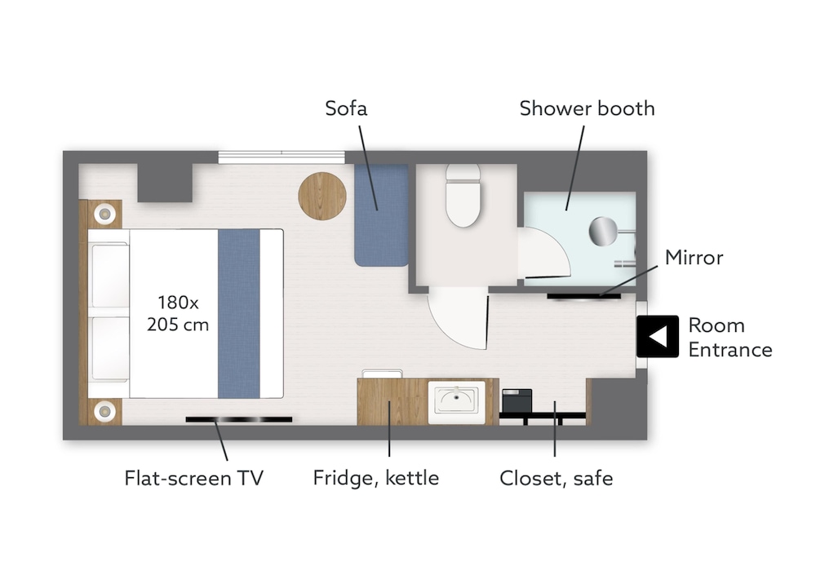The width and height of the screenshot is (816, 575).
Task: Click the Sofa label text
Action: [346, 108]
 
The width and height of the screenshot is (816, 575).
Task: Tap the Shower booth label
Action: [587, 108]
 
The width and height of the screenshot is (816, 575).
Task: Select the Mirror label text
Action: [694, 258]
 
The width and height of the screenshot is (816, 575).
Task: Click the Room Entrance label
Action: [730, 337]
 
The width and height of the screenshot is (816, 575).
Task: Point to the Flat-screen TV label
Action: [193, 478]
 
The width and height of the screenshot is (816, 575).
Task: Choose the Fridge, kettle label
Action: [375, 478]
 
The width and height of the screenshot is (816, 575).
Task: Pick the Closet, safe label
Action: [556, 478]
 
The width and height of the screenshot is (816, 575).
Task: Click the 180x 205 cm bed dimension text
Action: [178, 313]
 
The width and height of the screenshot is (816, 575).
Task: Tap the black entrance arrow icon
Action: [658, 336]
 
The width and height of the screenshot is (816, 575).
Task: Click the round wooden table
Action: [322, 197]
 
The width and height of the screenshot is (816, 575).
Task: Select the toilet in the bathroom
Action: [463, 196]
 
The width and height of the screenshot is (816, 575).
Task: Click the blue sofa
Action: [381, 215]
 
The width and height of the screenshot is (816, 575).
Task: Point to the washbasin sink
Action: [456, 401]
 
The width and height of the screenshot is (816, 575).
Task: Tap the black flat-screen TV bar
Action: [239, 419]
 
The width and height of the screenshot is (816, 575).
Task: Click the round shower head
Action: [603, 231]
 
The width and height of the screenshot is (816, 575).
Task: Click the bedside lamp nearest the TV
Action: [104, 411]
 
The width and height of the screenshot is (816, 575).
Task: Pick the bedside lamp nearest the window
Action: [104, 214]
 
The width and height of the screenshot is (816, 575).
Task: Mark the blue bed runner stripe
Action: [239, 313]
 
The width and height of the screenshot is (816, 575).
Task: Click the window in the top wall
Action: [281, 157]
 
